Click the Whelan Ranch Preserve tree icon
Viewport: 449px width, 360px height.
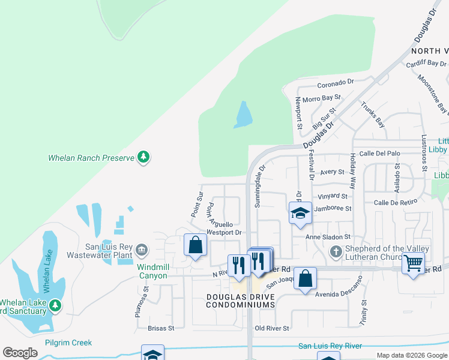click(x=143, y=158)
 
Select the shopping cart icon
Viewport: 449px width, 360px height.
click(x=414, y=262)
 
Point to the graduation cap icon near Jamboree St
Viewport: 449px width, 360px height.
click(x=300, y=213)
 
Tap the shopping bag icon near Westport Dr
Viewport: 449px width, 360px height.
click(x=196, y=245)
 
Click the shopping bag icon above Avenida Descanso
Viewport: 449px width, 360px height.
click(x=305, y=278)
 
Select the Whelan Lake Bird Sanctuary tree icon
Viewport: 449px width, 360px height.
click(x=55, y=306)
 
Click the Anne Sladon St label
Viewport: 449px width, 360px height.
click(x=328, y=237)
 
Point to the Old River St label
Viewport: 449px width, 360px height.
click(x=272, y=328)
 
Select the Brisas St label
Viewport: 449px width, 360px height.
click(x=161, y=328)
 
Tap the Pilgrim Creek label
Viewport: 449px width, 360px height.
click(x=68, y=343)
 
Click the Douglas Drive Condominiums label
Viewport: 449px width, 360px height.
click(x=240, y=301)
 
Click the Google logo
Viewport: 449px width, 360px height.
click(x=20, y=353)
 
